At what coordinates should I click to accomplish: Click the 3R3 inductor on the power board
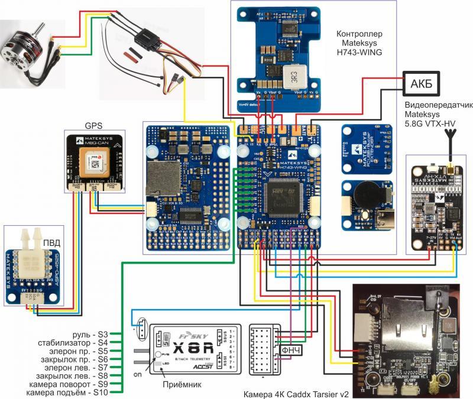293,76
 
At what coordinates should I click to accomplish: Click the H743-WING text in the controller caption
359,52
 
